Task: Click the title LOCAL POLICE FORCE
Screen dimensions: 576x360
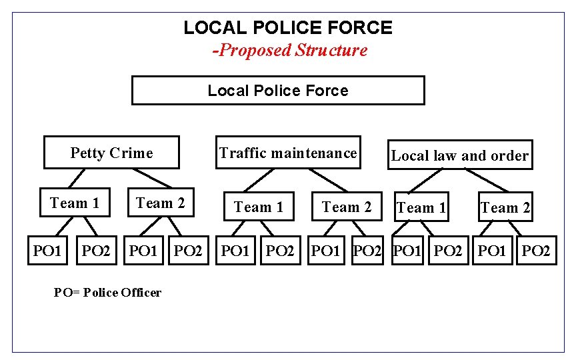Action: click(288, 28)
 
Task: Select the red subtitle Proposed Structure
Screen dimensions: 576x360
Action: click(290, 50)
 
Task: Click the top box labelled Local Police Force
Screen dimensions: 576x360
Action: click(278, 91)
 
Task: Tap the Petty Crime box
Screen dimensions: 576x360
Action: click(111, 153)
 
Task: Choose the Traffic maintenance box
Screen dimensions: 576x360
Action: click(288, 153)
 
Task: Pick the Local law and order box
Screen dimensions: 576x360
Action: click(460, 156)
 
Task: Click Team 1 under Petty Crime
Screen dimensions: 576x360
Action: click(75, 203)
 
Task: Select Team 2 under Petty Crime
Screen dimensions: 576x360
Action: click(161, 203)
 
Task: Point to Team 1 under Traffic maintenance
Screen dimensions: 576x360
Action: click(259, 207)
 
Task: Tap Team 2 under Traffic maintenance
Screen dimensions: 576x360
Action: click(347, 207)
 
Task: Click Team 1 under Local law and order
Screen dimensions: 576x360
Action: click(421, 208)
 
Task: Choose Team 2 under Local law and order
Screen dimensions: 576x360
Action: click(505, 208)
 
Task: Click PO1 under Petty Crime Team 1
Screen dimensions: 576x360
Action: click(47, 251)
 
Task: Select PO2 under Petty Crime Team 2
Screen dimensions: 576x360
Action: click(188, 251)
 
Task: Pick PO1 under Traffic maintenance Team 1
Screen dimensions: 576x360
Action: click(235, 251)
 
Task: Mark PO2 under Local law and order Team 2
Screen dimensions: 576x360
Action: click(536, 251)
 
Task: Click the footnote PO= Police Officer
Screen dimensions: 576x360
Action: click(107, 292)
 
